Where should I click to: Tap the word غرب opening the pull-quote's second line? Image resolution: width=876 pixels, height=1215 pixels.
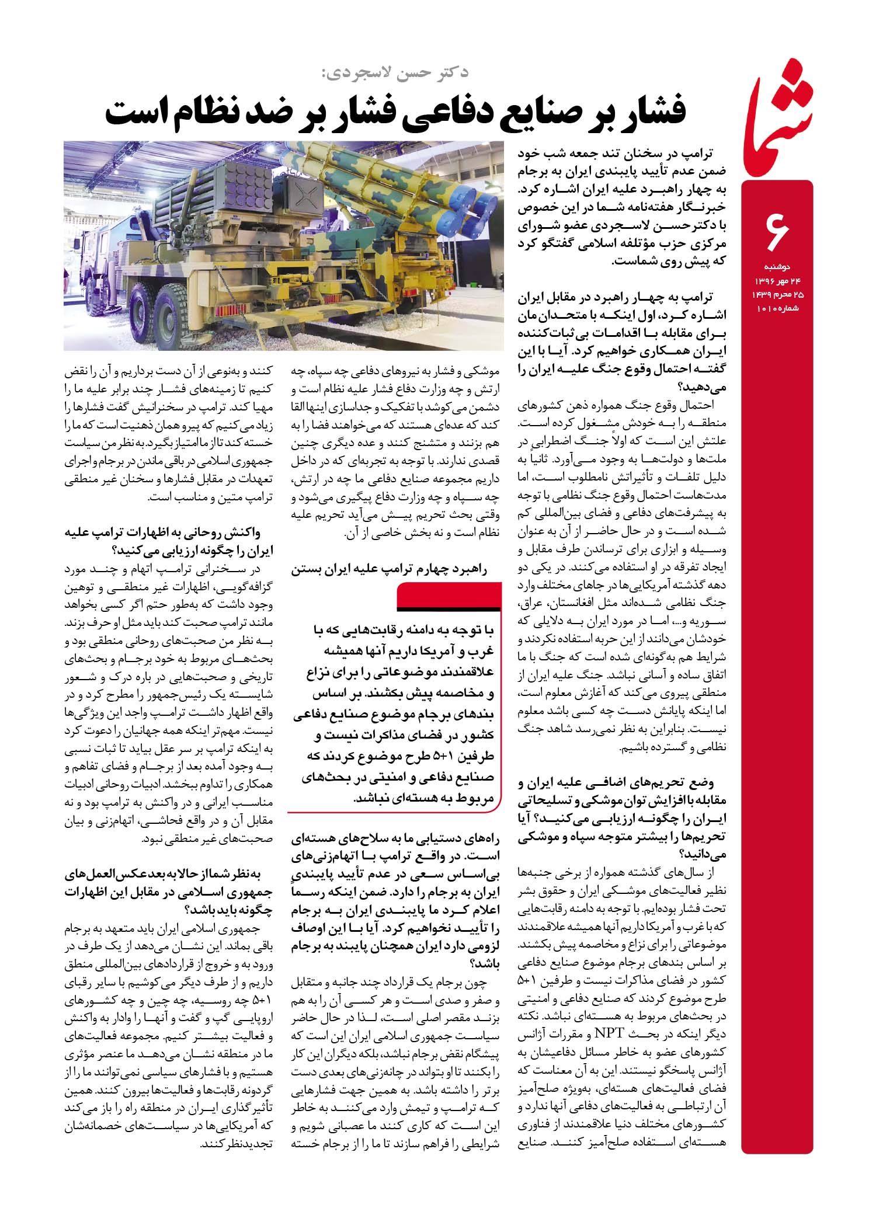485,652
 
